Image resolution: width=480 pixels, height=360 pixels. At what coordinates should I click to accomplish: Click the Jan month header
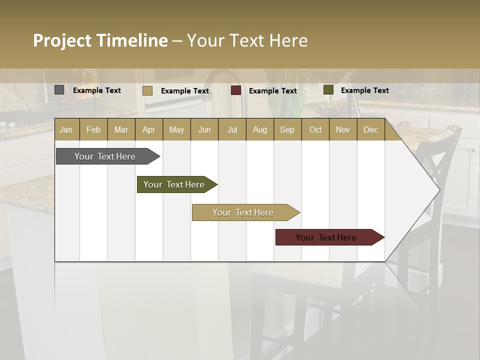pos(66,129)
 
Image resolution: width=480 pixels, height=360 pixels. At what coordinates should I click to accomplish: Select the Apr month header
pos(148,129)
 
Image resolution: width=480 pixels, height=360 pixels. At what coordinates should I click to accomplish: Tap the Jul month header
pos(232,129)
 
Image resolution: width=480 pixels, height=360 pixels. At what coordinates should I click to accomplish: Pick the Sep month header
pos(287,129)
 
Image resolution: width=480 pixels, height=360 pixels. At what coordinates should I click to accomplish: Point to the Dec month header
pos(370,129)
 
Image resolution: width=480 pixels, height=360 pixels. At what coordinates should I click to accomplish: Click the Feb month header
pos(93,129)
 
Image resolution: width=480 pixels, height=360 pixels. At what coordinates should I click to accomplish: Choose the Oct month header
pos(315,129)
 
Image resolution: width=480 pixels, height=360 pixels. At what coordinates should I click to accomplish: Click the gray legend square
pos(59,90)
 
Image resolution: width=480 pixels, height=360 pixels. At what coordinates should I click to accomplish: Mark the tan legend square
pos(147,90)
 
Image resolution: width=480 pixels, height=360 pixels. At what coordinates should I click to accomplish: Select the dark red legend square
pos(235,90)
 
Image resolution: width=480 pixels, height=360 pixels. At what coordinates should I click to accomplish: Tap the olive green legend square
pos(328,90)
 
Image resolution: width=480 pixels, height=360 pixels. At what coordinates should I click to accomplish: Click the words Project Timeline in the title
pos(100,40)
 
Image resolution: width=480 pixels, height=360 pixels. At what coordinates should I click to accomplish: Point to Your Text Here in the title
pos(247,40)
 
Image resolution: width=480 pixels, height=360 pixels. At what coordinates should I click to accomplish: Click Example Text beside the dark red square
pos(272,91)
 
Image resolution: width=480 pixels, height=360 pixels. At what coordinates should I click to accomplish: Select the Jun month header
pos(204,129)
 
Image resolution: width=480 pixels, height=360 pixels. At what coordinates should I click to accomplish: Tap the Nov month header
pos(343,129)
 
